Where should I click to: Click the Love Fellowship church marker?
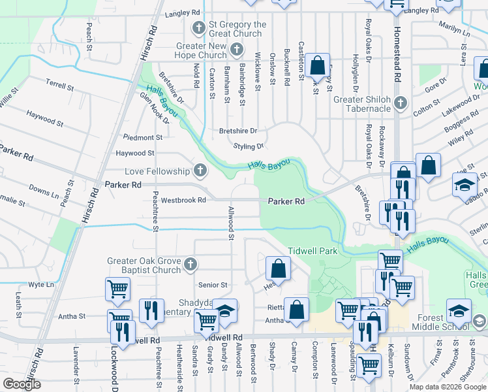coord(200,171)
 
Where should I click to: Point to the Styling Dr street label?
coord(249,146)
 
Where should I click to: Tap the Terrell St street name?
coord(61,83)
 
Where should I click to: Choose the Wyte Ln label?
coord(41,285)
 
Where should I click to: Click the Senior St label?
coord(213,285)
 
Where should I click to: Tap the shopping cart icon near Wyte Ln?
coord(117,288)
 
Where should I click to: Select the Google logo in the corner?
coord(22,384)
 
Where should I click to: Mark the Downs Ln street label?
coord(44,190)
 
